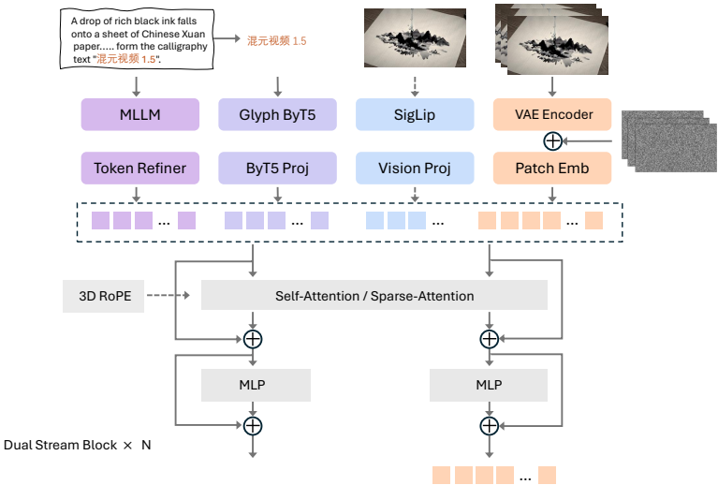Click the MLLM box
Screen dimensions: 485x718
(x=140, y=115)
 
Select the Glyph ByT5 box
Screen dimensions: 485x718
(x=277, y=115)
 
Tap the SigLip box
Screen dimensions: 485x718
(x=415, y=115)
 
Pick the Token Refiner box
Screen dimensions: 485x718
(x=140, y=169)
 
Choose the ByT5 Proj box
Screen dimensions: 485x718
(x=277, y=169)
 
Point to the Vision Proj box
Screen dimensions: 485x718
(x=415, y=169)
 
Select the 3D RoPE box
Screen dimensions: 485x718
(x=104, y=296)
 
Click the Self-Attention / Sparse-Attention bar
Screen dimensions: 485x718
(x=374, y=296)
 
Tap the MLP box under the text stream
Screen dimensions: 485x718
(x=256, y=385)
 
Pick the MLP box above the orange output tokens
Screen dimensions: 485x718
(x=489, y=385)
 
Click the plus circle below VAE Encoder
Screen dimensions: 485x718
(x=552, y=141)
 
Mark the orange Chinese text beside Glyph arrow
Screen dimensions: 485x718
(x=276, y=41)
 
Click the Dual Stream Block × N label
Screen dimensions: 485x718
(x=78, y=445)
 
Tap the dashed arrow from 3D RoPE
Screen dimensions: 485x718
(x=173, y=296)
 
